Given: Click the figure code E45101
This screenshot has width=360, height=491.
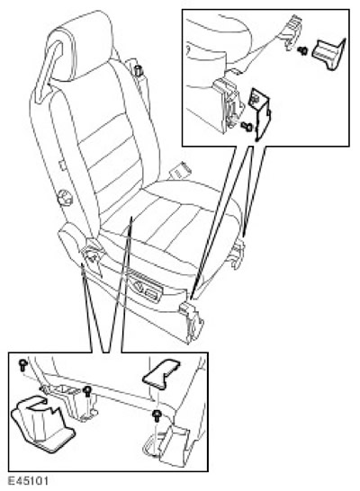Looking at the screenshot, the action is click(28, 481).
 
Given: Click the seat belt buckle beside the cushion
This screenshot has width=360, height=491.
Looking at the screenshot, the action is click(180, 171).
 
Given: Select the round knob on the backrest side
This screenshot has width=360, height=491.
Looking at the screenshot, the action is click(65, 198).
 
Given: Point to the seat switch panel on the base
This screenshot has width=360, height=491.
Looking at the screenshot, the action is click(144, 288).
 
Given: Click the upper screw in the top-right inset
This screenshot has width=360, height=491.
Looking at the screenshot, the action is click(302, 50).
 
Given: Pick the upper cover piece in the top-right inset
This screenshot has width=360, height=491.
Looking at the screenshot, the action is click(328, 54).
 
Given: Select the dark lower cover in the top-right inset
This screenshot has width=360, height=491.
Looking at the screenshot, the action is click(260, 113).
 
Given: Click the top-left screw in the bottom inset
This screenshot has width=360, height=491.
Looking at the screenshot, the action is click(23, 365).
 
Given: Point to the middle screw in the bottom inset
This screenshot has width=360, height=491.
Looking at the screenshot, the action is click(87, 391).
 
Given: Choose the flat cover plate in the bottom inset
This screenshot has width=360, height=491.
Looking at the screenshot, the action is click(161, 372).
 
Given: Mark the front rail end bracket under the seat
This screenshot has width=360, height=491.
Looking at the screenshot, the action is click(191, 323).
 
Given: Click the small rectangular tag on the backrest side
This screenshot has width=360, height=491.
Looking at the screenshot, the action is click(63, 165).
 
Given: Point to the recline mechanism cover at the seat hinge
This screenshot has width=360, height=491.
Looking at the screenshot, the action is click(92, 254).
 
